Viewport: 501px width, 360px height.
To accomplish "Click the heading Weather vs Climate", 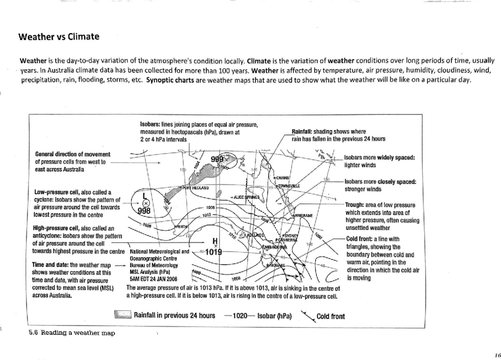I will (x=59, y=37).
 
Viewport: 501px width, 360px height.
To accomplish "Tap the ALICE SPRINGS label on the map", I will (x=245, y=197).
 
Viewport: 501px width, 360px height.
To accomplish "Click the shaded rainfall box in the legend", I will (x=123, y=315).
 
